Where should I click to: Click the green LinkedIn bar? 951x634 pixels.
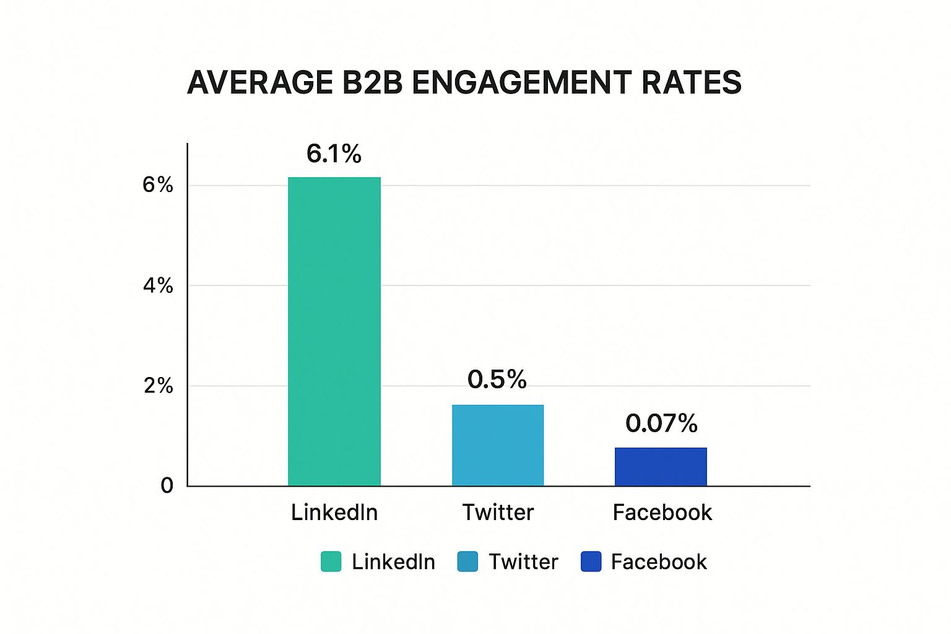pos(334,331)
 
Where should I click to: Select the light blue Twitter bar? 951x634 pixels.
pos(498,445)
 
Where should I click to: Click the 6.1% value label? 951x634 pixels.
pos(334,154)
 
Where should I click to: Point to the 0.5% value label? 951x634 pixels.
pos(497,380)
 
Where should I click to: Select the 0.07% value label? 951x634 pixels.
pos(661,423)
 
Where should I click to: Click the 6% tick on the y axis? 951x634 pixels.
pos(158,185)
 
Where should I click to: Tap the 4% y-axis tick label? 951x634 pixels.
pos(158,285)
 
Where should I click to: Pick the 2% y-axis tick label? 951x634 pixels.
pos(158,386)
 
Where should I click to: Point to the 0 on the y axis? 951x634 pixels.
pos(167,485)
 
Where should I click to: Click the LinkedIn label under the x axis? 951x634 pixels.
pos(334,513)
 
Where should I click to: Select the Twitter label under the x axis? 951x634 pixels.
pos(498,513)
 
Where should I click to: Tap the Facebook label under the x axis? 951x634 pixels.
pos(662,513)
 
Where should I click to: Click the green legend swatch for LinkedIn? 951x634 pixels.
pos(331,562)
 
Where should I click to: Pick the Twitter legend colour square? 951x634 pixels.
pos(467,562)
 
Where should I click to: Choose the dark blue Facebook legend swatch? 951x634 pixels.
pos(591,562)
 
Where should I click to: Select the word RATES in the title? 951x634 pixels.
pos(691,83)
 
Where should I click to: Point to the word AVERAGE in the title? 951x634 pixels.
pos(260,83)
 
